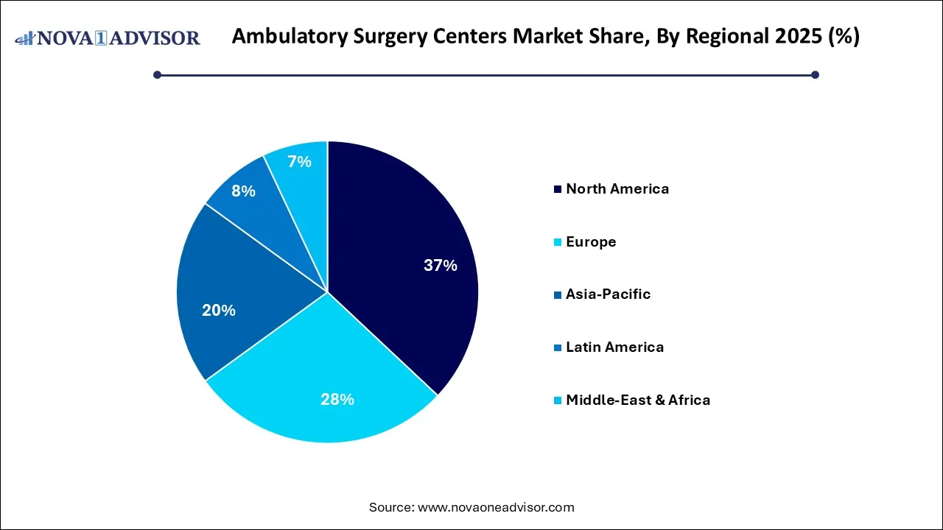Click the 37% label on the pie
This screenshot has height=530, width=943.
coord(440,266)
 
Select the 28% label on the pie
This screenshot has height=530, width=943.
coord(337,400)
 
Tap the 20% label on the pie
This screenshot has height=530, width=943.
coord(219,311)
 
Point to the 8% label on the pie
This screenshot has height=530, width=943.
coord(243,191)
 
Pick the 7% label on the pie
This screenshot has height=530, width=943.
coord(299,162)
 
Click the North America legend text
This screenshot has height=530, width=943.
coord(617,188)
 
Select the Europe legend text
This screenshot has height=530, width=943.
coord(591,241)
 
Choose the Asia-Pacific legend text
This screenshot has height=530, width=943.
coord(608,294)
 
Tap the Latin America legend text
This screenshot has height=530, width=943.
coord(614,347)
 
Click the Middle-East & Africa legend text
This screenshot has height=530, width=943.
coord(638,400)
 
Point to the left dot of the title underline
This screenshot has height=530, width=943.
coord(157,74)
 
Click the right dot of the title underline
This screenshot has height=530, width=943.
coord(815,74)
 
